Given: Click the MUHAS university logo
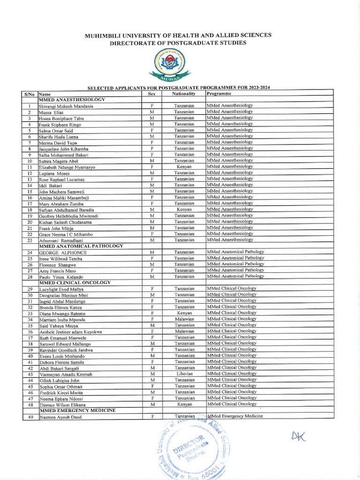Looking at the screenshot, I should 170,65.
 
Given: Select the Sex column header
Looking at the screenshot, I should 151,94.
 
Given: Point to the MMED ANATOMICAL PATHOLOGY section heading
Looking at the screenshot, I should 81,246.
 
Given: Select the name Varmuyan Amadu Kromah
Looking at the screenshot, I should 66,375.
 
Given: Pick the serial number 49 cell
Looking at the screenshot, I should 30,417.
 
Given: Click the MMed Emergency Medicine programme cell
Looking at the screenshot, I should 235,416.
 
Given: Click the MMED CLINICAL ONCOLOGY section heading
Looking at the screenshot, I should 75,283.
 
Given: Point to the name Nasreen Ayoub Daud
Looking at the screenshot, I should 60,417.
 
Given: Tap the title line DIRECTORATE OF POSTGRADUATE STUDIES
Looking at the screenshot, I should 178,43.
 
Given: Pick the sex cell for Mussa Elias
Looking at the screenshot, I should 151,112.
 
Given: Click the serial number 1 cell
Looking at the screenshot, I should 30,106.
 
